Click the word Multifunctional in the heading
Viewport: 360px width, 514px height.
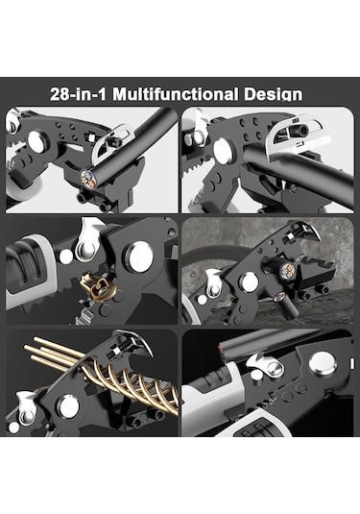tap(176, 94)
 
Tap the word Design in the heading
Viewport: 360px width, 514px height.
tap(274, 95)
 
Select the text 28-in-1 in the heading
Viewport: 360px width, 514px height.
tap(79, 94)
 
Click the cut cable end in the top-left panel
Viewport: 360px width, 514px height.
tap(88, 179)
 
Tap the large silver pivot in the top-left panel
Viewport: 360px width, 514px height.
tap(37, 141)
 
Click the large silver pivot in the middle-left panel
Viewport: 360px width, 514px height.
tap(140, 257)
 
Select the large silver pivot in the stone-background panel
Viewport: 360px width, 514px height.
tap(249, 282)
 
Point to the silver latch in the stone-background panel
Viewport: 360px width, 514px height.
tap(213, 284)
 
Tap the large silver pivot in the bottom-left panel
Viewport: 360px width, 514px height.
tap(68, 406)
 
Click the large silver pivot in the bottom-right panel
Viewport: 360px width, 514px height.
tap(323, 363)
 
